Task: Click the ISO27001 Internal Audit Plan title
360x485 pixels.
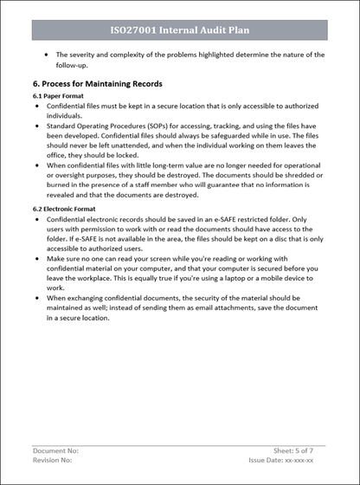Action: [180, 30]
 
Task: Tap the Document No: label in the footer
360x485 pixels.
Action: [55, 451]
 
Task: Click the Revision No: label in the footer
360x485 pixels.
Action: [53, 460]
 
